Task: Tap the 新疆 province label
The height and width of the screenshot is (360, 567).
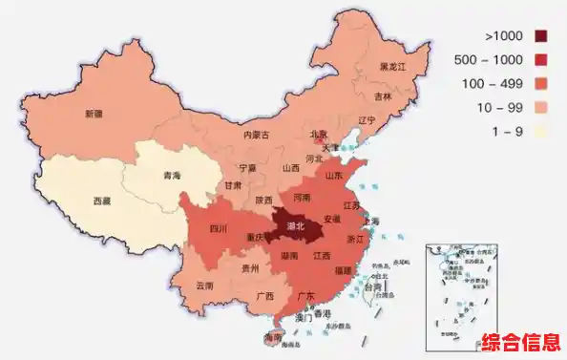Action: pyautogui.click(x=93, y=114)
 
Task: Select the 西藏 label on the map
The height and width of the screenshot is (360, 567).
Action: pyautogui.click(x=102, y=201)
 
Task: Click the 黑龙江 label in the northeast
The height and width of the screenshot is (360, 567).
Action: pyautogui.click(x=393, y=67)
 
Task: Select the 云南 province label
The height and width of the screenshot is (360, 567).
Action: pyautogui.click(x=204, y=286)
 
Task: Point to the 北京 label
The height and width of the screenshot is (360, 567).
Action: pyautogui.click(x=319, y=135)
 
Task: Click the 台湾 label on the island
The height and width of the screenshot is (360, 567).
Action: pyautogui.click(x=374, y=286)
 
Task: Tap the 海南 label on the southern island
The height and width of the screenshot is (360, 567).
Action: pyautogui.click(x=273, y=339)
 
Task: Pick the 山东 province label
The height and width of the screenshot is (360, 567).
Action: pyautogui.click(x=335, y=176)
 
